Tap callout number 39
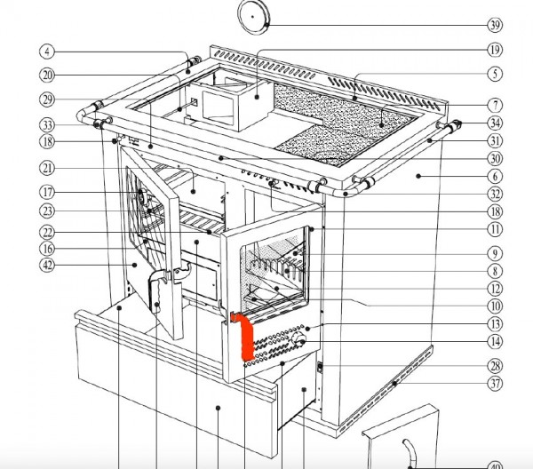point(495,25)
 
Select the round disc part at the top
point(258,16)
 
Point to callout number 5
point(495,75)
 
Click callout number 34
point(495,123)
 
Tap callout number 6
point(495,178)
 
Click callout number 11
point(495,230)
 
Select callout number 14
point(495,342)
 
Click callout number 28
point(495,366)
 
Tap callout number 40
point(495,463)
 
